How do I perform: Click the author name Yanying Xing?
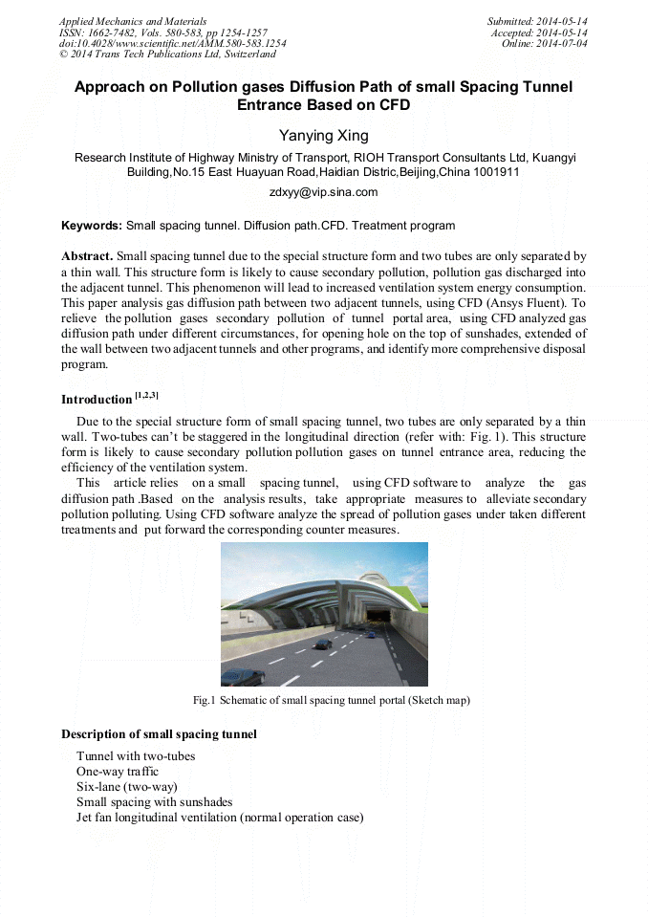click(x=323, y=137)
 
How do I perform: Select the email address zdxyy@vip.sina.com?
click(x=323, y=192)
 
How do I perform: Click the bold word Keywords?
click(x=91, y=226)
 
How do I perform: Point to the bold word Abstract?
click(x=87, y=256)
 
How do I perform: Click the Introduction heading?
click(x=97, y=399)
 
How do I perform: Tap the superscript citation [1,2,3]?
click(x=146, y=395)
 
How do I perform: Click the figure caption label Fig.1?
click(x=204, y=700)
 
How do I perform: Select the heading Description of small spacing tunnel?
click(x=159, y=734)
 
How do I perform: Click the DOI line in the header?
click(x=172, y=44)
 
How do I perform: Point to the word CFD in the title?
click(x=391, y=104)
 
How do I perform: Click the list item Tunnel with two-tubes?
click(x=136, y=756)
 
